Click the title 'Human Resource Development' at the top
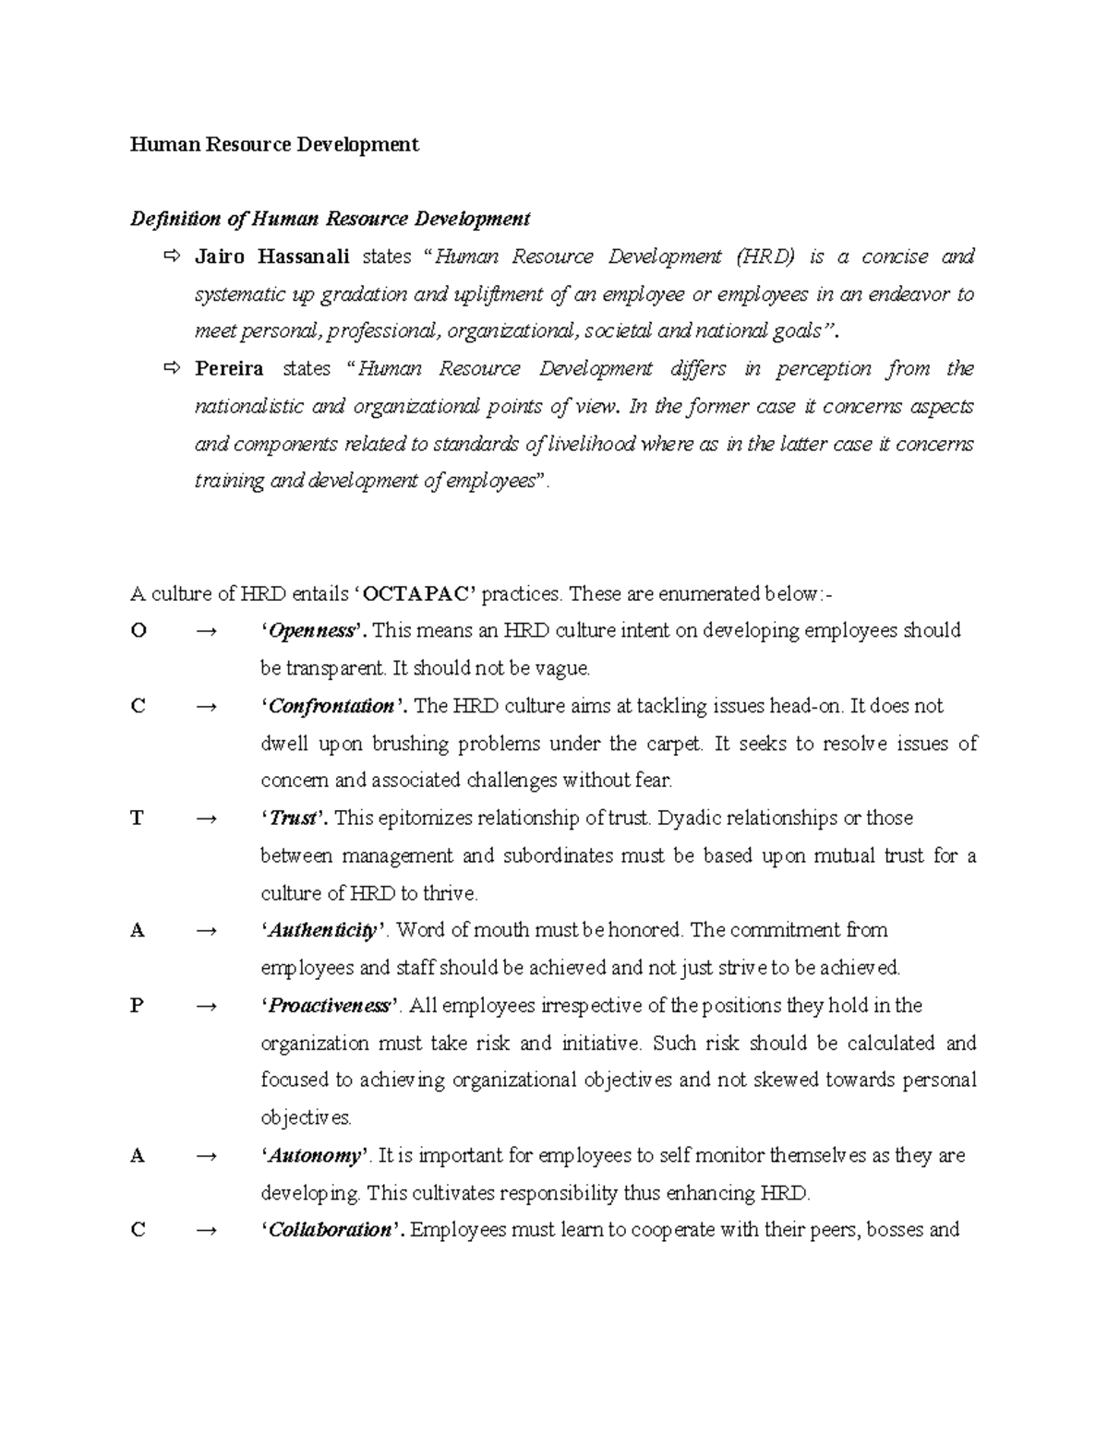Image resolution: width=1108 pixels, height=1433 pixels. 274,145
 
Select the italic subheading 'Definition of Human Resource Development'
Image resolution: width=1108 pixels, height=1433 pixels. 330,220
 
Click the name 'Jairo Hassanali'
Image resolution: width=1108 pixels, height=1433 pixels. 272,257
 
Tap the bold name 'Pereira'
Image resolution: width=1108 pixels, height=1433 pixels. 229,369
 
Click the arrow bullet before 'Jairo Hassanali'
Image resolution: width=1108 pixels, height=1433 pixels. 172,257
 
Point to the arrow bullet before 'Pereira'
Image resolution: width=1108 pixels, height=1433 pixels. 172,369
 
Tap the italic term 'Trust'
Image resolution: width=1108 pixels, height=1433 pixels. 293,818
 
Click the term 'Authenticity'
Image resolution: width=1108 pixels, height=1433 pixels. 322,930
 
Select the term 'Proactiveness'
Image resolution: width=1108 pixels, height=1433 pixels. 330,1006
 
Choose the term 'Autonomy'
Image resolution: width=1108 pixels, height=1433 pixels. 315,1155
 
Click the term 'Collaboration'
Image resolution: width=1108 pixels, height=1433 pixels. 331,1230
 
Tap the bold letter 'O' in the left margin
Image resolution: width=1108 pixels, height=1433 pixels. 138,631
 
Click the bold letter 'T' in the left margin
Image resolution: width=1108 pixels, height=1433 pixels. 138,818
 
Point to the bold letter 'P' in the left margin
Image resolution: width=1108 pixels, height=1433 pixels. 138,1006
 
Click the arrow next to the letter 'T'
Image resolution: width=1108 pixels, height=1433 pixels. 207,818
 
